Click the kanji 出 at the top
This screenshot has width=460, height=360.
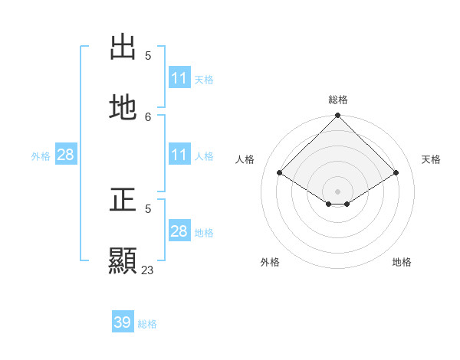(123, 47)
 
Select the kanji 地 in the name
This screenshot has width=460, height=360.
(123, 108)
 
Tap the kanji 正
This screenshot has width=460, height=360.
(123, 200)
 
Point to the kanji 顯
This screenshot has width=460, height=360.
(123, 261)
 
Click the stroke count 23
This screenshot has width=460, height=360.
(147, 270)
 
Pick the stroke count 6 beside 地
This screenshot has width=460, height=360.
(148, 116)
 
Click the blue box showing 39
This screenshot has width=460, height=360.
(123, 322)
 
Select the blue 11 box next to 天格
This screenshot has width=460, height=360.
(179, 78)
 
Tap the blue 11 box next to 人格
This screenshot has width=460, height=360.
(179, 155)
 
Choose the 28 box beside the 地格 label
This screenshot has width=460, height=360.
(179, 231)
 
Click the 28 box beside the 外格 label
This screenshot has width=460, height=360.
(65, 155)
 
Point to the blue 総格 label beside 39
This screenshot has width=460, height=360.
(147, 324)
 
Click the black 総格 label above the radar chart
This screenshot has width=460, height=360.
(338, 100)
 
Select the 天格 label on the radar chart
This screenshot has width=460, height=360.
(432, 159)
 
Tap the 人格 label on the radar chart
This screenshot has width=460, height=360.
(245, 159)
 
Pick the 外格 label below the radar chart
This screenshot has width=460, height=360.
(270, 262)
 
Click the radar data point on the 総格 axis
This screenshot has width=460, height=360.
(338, 116)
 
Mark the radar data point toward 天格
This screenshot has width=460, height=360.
(396, 173)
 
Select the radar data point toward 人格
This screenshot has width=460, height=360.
(280, 173)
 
